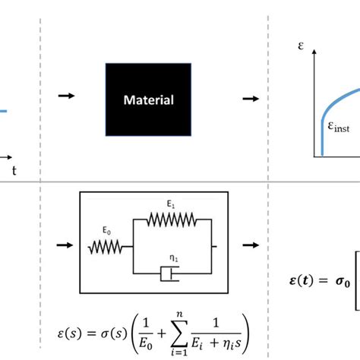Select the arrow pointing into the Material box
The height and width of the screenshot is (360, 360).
coord(67,96)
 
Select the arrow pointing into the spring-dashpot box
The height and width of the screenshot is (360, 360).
coord(65,245)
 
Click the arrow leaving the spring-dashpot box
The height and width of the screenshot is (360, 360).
coord(250,246)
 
